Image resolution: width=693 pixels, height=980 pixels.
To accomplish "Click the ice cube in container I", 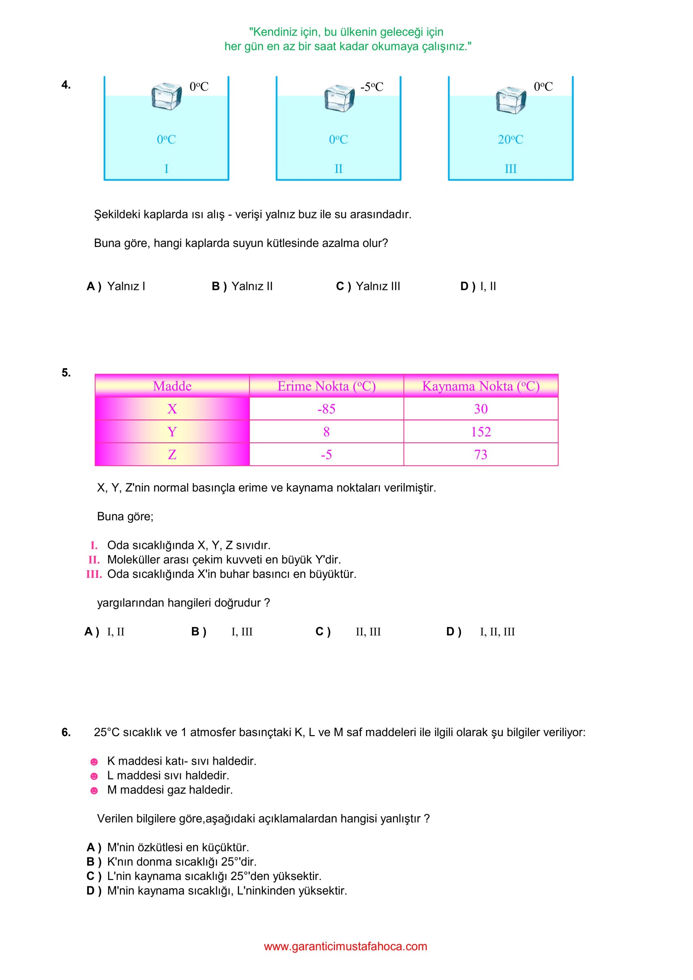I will point(166,96).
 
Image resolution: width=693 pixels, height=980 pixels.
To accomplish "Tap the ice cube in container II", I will point(339,98).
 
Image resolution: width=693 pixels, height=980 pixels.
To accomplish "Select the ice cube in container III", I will point(511,100).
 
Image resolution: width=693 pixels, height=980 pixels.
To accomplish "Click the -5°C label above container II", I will point(372,87).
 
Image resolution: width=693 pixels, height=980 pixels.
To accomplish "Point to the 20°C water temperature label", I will point(510,140).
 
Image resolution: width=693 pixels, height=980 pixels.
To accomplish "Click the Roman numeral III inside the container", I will point(511,169).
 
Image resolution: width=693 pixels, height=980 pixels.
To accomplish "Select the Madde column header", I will point(172,386).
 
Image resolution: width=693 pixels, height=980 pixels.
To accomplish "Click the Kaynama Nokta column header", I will point(480,386).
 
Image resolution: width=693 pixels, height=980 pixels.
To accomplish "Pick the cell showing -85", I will point(326,409).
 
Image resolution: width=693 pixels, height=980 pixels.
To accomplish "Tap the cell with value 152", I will point(480,432).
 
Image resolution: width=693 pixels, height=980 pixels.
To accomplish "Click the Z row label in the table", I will point(172,454).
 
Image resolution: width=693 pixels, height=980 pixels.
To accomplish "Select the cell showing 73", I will point(480,454).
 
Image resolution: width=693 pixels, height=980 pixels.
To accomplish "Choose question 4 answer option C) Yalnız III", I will point(368,286).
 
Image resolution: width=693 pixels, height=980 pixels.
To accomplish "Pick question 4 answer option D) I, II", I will point(478,286).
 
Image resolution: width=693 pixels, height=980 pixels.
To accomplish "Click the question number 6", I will point(66,732).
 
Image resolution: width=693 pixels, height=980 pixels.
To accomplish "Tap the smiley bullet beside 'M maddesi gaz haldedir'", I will point(94,791).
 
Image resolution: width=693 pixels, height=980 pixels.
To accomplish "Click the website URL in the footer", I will point(345,946).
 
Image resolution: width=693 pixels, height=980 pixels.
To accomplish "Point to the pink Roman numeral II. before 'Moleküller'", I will point(94,560).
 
